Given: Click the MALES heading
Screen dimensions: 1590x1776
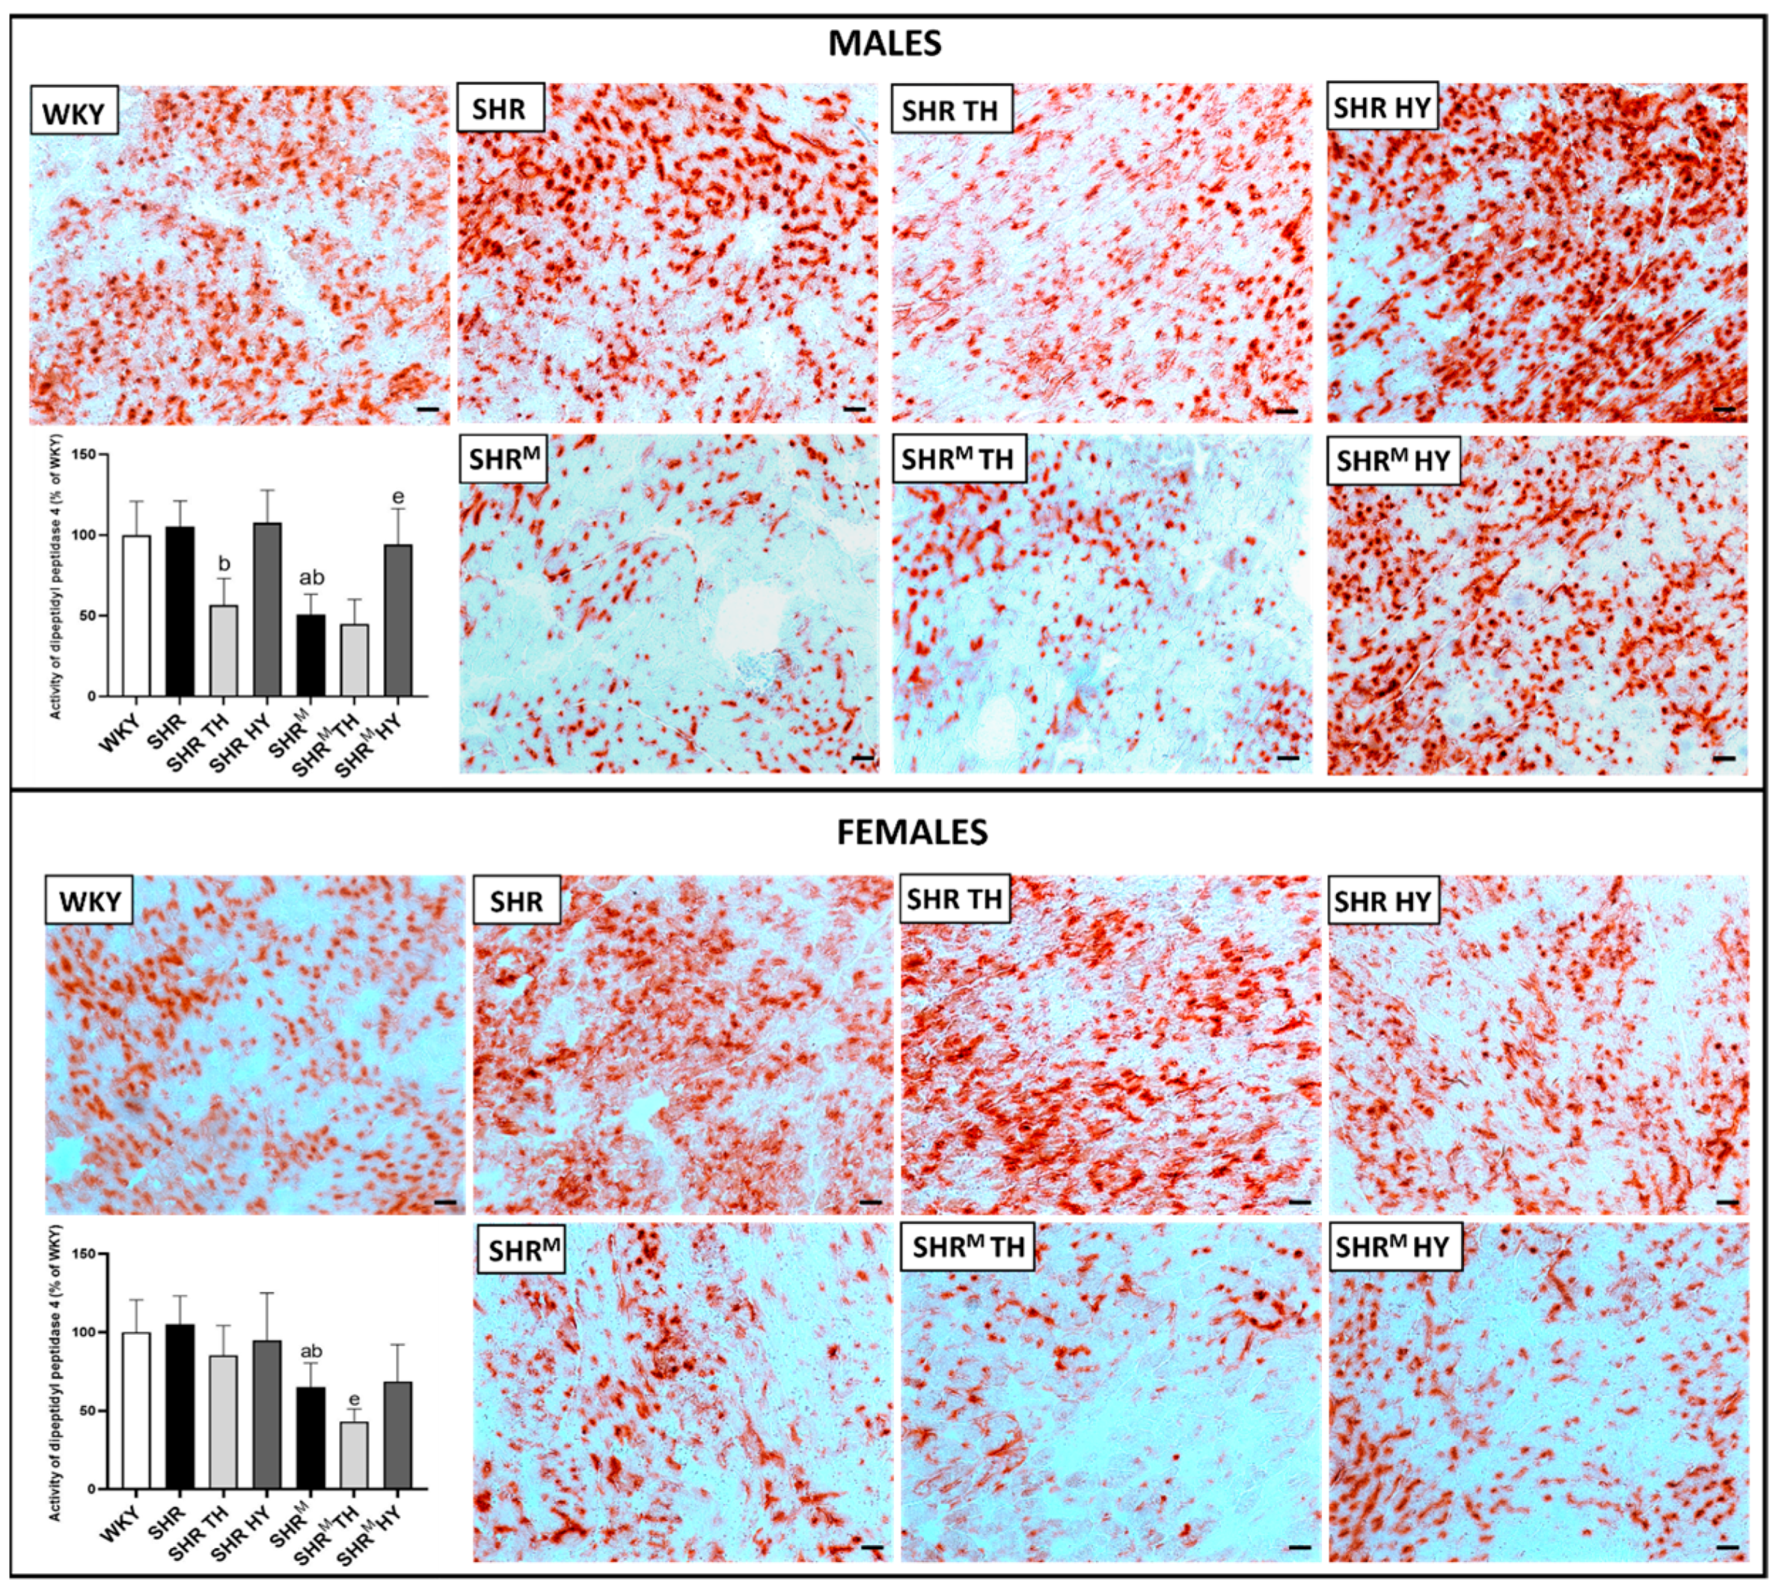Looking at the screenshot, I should click(x=884, y=43).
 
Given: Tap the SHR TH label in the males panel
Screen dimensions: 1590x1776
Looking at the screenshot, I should click(x=950, y=109).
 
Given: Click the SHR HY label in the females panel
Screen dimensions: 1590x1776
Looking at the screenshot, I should click(x=1382, y=901).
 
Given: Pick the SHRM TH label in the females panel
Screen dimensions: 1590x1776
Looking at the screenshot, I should click(x=967, y=1247).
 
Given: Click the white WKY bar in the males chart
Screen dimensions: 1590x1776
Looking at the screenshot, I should click(x=136, y=615).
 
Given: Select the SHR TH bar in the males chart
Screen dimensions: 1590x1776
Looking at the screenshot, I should click(x=223, y=650).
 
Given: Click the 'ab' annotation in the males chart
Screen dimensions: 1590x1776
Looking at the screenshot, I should click(x=312, y=578).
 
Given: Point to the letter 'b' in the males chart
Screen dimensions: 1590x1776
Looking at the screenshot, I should click(x=224, y=564).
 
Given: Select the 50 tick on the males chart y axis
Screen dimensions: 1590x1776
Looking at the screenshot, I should click(x=88, y=616).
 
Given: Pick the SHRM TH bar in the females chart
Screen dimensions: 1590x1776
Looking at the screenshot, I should click(x=353, y=1455).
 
